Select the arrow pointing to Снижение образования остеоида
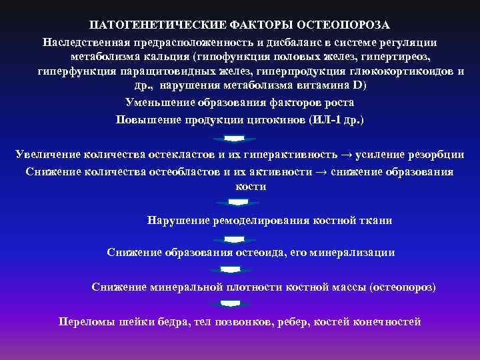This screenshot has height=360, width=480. [x=233, y=237]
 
